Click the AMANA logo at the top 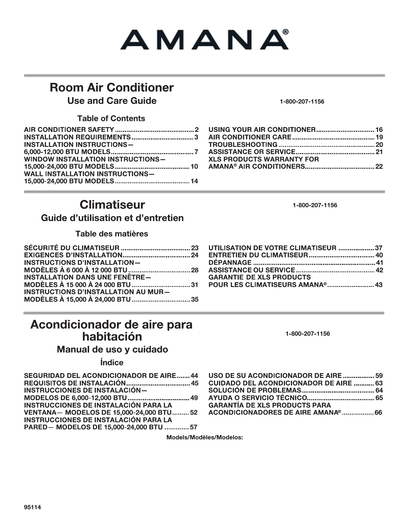[204, 40]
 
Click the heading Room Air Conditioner [112, 88]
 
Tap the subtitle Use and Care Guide [112, 101]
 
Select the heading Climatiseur [112, 205]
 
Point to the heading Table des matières [112, 234]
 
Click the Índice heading [112, 362]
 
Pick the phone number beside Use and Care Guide [302, 101]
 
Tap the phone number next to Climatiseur [315, 205]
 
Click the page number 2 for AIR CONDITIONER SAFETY [197, 130]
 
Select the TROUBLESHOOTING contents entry [243, 145]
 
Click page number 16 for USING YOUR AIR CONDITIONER [379, 130]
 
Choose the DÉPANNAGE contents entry [230, 263]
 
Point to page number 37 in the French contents [379, 248]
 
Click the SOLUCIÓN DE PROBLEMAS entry [255, 391]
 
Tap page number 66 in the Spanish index [378, 413]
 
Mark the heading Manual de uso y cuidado [112, 349]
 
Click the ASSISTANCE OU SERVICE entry [251, 270]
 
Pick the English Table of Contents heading [111, 118]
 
